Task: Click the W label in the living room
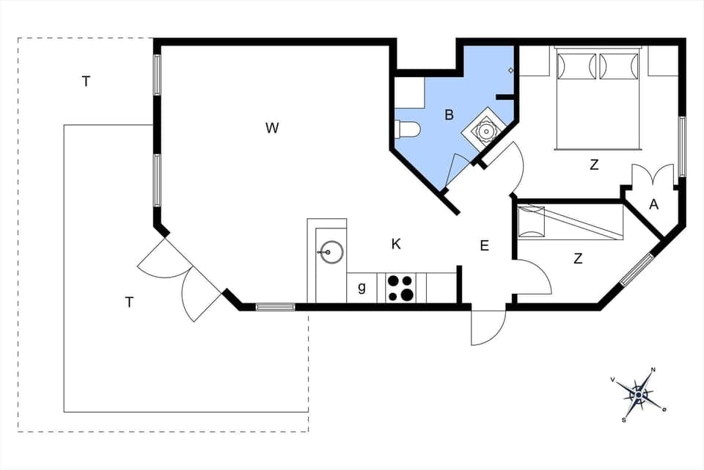pyautogui.click(x=272, y=129)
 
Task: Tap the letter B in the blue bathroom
pyautogui.click(x=449, y=115)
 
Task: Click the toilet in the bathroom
pyautogui.click(x=406, y=130)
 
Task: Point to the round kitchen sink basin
pyautogui.click(x=332, y=252)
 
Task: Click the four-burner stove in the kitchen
pyautogui.click(x=401, y=287)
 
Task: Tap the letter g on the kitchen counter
pyautogui.click(x=362, y=288)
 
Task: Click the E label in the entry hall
pyautogui.click(x=484, y=246)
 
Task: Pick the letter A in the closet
pyautogui.click(x=654, y=206)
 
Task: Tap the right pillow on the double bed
pyautogui.click(x=619, y=67)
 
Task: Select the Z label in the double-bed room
pyautogui.click(x=594, y=165)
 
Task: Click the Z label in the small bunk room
pyautogui.click(x=578, y=258)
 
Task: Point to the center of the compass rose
pyautogui.click(x=639, y=394)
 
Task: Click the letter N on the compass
pyautogui.click(x=653, y=370)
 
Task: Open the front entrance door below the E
pyautogui.click(x=488, y=325)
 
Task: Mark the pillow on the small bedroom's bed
pyautogui.click(x=532, y=221)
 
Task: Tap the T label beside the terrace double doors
pyautogui.click(x=129, y=302)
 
